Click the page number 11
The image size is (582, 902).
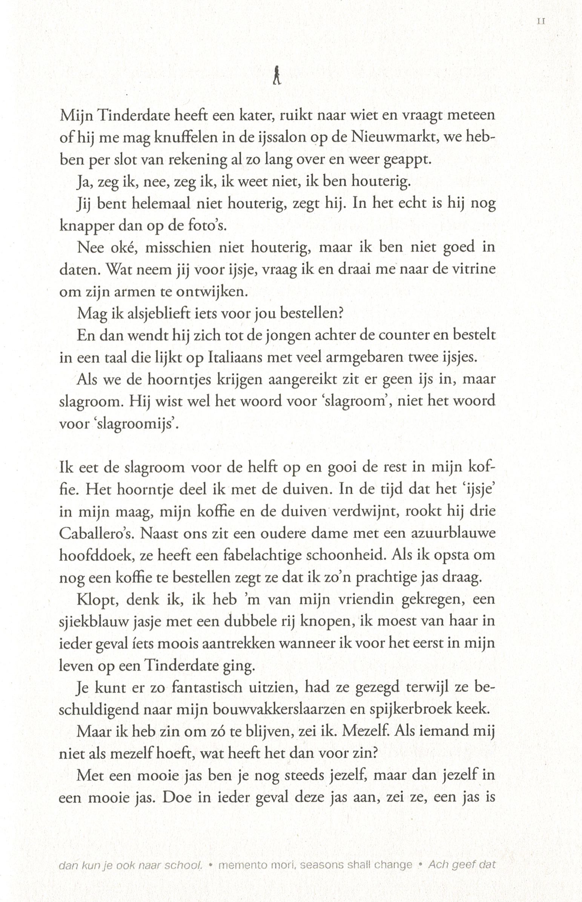pos(541,22)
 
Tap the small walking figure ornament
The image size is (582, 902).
pos(277,75)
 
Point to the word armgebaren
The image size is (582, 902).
pos(358,357)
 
